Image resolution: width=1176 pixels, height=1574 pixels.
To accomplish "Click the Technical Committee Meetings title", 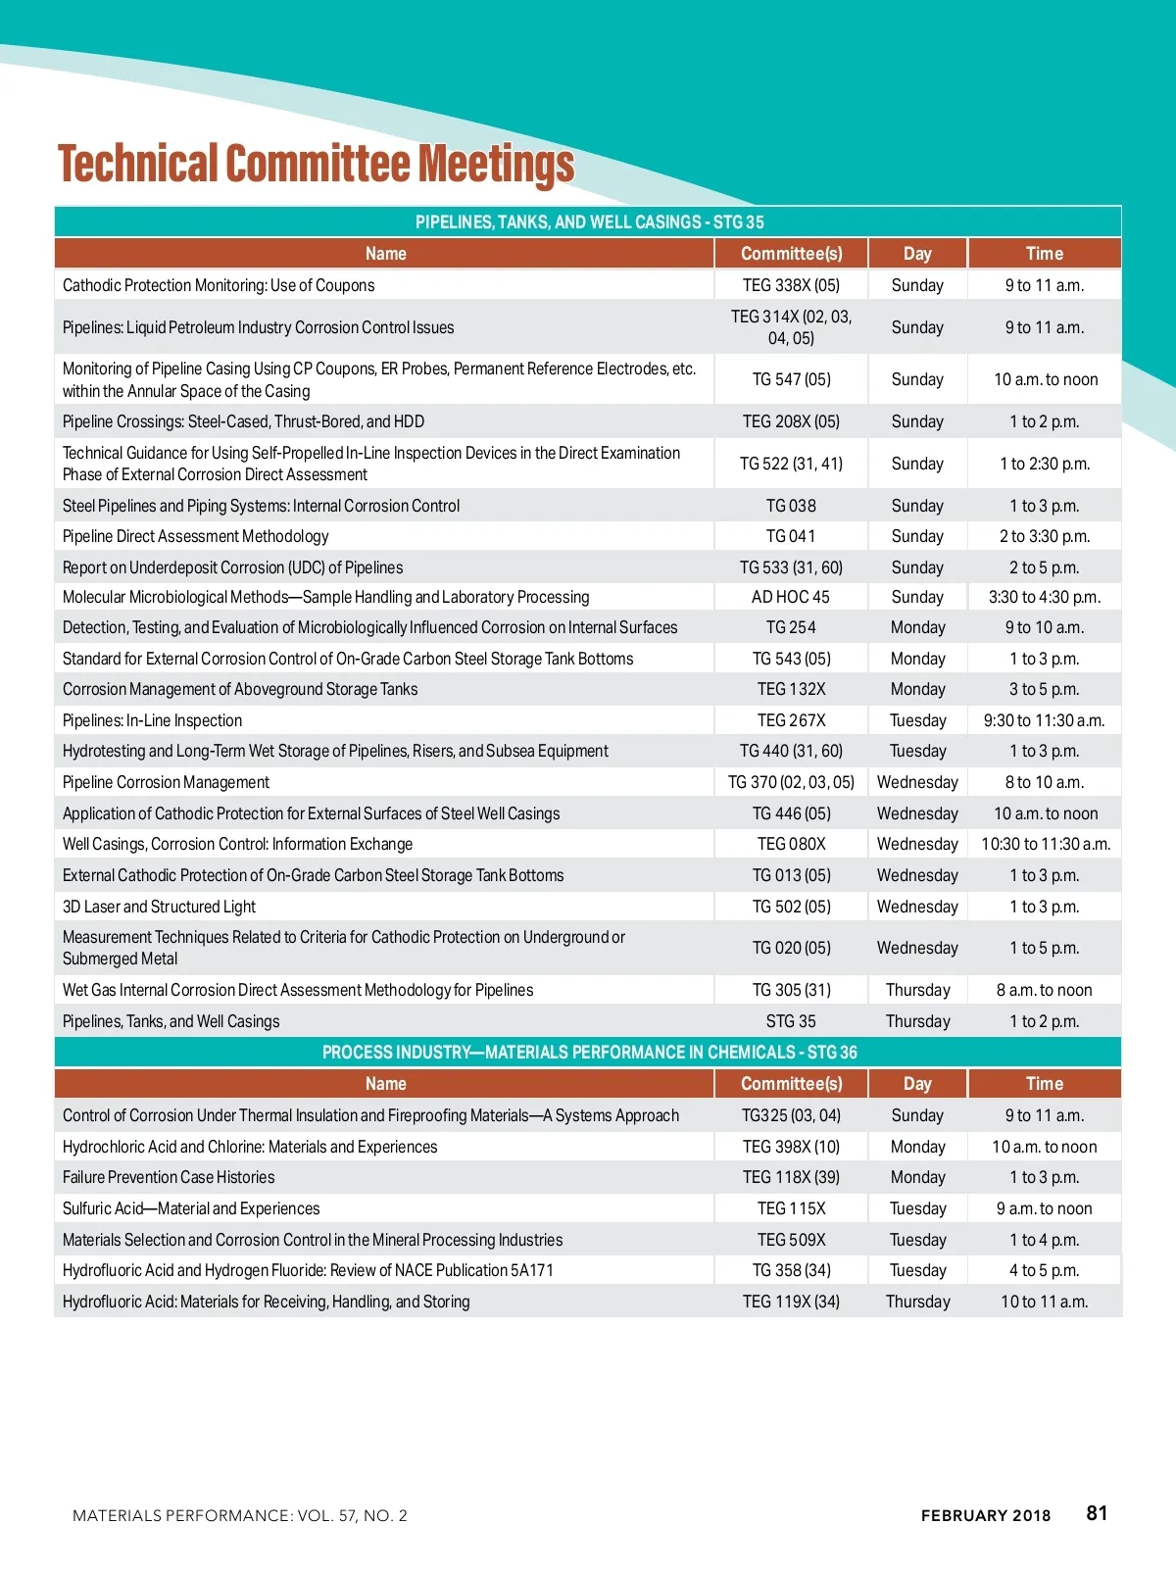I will point(316,165).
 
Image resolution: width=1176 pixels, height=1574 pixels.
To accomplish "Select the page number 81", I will point(1097,1513).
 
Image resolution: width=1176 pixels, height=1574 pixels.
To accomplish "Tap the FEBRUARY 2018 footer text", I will point(985,1515).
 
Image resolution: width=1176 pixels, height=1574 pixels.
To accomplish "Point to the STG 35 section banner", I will point(589,221).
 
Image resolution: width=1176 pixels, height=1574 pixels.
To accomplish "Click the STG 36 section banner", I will point(589,1052).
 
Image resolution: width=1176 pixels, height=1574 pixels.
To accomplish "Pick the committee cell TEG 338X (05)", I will point(791,285).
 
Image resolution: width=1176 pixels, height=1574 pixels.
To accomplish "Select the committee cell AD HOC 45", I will point(791,597).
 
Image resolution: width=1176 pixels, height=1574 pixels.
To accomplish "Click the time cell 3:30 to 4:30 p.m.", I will point(1045,597).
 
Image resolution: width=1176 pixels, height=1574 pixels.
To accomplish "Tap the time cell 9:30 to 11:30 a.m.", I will point(1045,720).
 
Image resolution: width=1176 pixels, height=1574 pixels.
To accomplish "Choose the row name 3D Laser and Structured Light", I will point(159,907).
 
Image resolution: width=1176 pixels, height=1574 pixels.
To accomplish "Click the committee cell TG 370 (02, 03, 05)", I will point(791,782).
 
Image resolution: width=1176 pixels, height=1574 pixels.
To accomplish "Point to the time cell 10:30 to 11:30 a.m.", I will point(1045,844).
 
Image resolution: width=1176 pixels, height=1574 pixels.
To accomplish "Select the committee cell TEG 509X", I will point(791,1240).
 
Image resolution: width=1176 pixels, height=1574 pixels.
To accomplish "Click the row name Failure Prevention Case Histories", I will point(169,1177).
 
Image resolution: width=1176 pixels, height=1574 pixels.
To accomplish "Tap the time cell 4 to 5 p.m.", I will point(1045,1270).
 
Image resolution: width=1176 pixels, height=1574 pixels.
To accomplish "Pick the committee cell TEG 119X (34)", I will point(791,1302).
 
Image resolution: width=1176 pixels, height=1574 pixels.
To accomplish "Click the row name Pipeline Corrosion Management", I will point(166,782).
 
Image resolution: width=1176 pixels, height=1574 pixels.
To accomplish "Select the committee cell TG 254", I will point(791,627).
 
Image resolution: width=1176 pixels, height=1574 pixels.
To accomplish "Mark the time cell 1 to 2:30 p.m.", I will point(1045,464).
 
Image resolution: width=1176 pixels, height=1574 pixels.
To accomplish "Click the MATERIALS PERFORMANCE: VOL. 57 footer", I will point(240,1515).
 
